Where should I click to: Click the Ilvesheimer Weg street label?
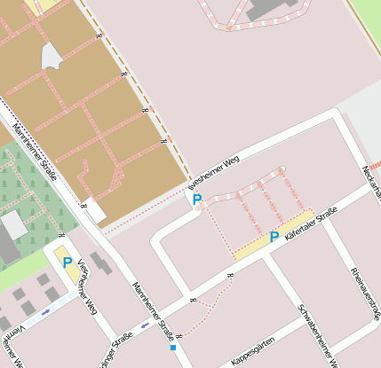coord(216,172)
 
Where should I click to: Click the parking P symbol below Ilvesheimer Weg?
coord(197,200)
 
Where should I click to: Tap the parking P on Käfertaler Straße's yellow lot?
coord(274,237)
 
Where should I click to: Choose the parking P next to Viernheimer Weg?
coord(67,262)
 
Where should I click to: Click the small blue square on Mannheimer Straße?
coord(173,348)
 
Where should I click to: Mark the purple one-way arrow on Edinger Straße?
coord(146,326)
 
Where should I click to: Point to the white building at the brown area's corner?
coord(94,211)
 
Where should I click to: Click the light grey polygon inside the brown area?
coord(52,57)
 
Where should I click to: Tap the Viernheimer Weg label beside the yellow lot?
coord(85,286)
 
